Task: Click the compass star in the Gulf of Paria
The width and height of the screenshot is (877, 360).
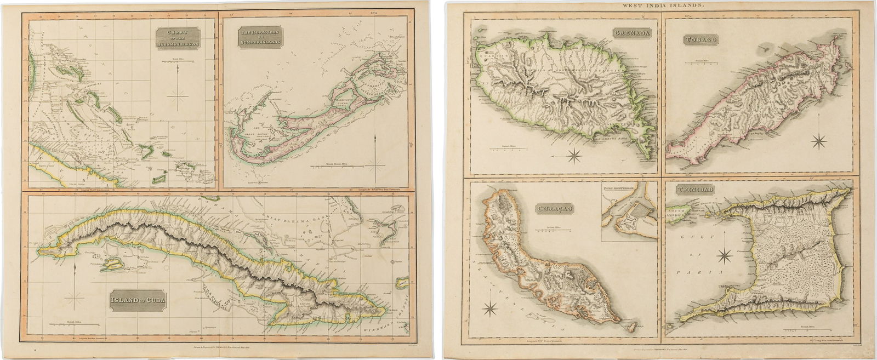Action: [724, 255]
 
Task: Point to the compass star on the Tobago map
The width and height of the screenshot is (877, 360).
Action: [819, 141]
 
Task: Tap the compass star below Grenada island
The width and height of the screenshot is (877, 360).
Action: [574, 156]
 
